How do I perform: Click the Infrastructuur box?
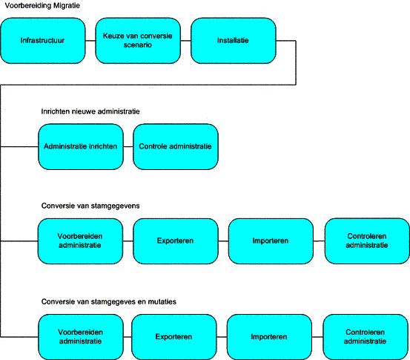point(42,41)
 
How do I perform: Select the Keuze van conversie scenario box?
point(138,41)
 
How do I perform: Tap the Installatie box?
point(234,41)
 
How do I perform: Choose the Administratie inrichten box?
point(81,147)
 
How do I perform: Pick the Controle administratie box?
point(176,147)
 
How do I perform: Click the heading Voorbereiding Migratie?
point(42,5)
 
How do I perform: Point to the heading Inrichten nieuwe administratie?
point(90,111)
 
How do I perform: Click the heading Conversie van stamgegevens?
point(90,206)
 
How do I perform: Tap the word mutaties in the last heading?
point(162,301)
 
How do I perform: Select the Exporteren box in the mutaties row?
point(174,337)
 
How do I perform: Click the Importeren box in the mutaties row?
point(269,337)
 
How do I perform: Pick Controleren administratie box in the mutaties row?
point(366,337)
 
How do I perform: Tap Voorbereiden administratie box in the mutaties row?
point(81,337)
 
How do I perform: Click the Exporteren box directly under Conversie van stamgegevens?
point(176,241)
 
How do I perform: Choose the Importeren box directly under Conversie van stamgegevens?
point(271,241)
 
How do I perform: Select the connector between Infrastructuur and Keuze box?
point(90,41)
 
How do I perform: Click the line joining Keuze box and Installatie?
point(185,41)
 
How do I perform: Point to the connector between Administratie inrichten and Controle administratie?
point(128,147)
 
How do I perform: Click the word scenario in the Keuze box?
point(138,45)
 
